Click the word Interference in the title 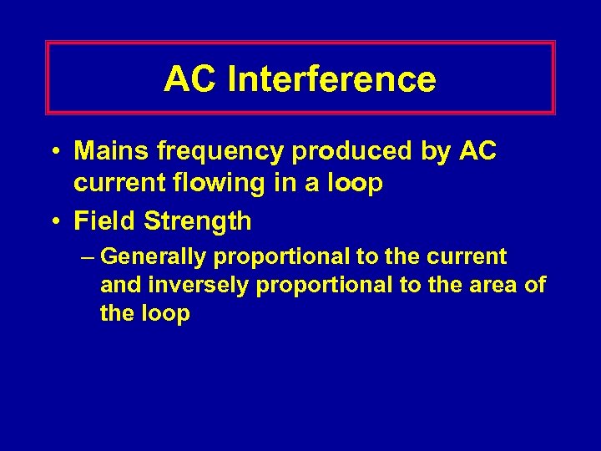tap(331, 79)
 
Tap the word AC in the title tap(190, 79)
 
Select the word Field tap(106, 221)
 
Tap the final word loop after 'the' tap(169, 314)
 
